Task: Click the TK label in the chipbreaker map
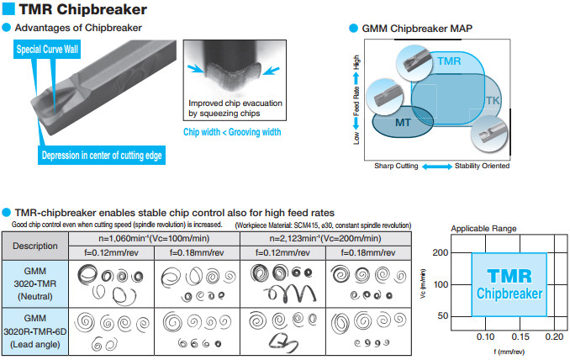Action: pyautogui.click(x=493, y=101)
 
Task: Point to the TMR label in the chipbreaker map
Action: pyautogui.click(x=449, y=61)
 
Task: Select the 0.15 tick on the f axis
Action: pyautogui.click(x=517, y=336)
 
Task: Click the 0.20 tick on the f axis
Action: pyautogui.click(x=552, y=336)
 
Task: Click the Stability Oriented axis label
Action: pyautogui.click(x=482, y=167)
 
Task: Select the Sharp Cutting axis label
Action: pyautogui.click(x=395, y=167)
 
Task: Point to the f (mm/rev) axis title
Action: pyautogui.click(x=502, y=351)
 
